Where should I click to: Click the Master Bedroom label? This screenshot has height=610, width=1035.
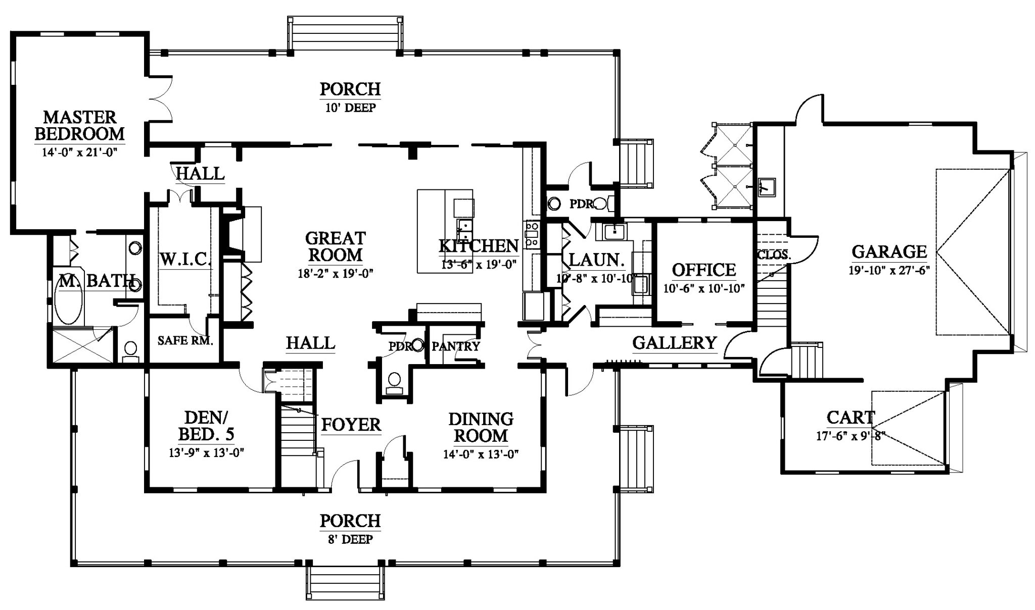click(79, 125)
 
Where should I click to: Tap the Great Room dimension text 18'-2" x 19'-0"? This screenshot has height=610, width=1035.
click(335, 274)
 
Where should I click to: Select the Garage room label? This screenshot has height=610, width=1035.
click(889, 251)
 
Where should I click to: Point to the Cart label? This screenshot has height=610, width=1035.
click(850, 418)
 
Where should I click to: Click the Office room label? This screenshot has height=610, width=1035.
click(703, 270)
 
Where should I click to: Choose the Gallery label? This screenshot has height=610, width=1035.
click(674, 343)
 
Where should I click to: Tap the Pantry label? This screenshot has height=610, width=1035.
click(455, 346)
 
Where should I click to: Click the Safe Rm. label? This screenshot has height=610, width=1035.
click(185, 340)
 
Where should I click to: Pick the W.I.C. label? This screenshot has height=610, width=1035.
click(185, 259)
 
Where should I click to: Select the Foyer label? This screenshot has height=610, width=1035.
click(351, 425)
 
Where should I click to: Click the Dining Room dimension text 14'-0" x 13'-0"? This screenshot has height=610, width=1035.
click(481, 454)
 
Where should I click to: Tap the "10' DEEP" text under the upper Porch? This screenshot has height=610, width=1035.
click(350, 108)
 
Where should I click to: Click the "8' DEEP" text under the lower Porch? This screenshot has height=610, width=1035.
click(350, 539)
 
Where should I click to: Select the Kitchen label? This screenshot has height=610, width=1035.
click(478, 246)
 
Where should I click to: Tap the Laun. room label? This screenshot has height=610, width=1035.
click(596, 260)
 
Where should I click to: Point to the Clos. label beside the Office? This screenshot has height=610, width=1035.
click(773, 255)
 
